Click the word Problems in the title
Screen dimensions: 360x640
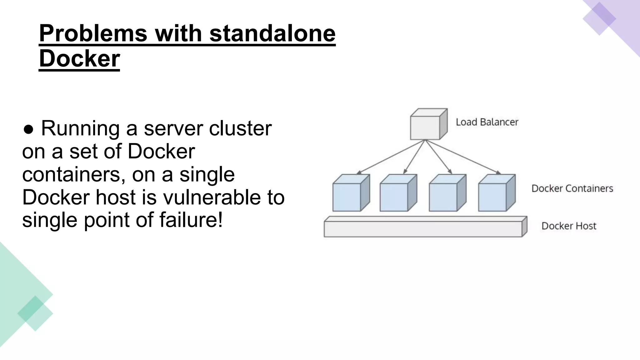(x=93, y=33)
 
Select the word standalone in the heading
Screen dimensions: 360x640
(x=272, y=33)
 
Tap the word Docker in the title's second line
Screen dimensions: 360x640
(x=79, y=59)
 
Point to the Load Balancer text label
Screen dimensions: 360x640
(x=487, y=122)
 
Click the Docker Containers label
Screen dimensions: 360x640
(x=572, y=188)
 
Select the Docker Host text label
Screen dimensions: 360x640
(x=569, y=226)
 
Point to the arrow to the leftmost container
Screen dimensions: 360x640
(x=391, y=157)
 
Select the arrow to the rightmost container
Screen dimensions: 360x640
(x=462, y=157)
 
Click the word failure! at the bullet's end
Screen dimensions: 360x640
(x=191, y=220)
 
